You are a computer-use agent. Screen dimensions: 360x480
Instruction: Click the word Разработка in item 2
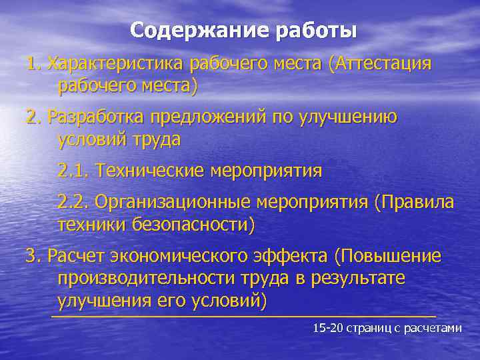96,117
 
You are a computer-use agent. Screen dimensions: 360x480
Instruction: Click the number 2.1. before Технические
73,171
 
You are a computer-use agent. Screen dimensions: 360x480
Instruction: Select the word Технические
150,171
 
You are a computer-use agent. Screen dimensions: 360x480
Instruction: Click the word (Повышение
388,257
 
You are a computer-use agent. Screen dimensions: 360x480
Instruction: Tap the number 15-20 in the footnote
327,328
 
